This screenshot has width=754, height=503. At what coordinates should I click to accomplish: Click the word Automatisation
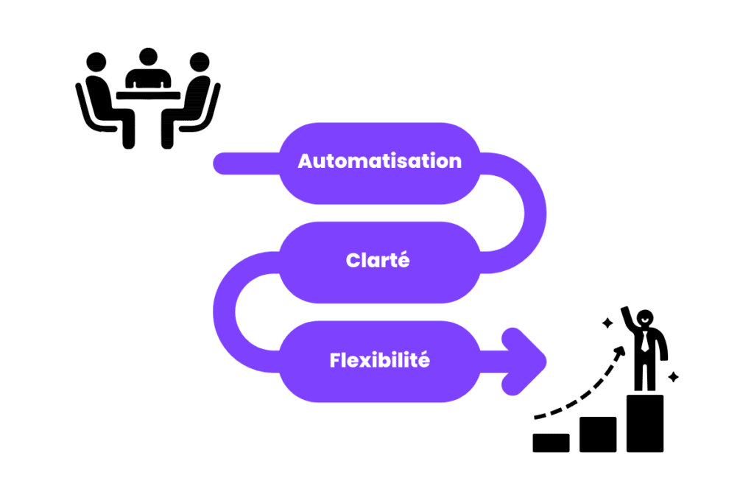(379, 161)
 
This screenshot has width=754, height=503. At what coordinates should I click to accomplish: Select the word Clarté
(377, 261)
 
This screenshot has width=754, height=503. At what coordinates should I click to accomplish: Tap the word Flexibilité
(379, 361)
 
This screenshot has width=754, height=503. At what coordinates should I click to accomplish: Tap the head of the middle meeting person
(148, 57)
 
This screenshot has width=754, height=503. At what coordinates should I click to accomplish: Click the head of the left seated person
(96, 62)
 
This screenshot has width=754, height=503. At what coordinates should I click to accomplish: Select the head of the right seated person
(199, 62)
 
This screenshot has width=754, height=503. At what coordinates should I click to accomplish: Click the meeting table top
(148, 95)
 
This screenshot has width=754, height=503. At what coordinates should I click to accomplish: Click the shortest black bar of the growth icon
(551, 442)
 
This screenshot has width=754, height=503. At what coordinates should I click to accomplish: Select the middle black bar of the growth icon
(598, 434)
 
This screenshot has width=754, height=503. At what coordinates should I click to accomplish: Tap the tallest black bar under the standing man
(645, 423)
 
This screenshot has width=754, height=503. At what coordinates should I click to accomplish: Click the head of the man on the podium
(645, 318)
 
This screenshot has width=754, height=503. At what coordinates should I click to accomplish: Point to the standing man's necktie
(645, 342)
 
